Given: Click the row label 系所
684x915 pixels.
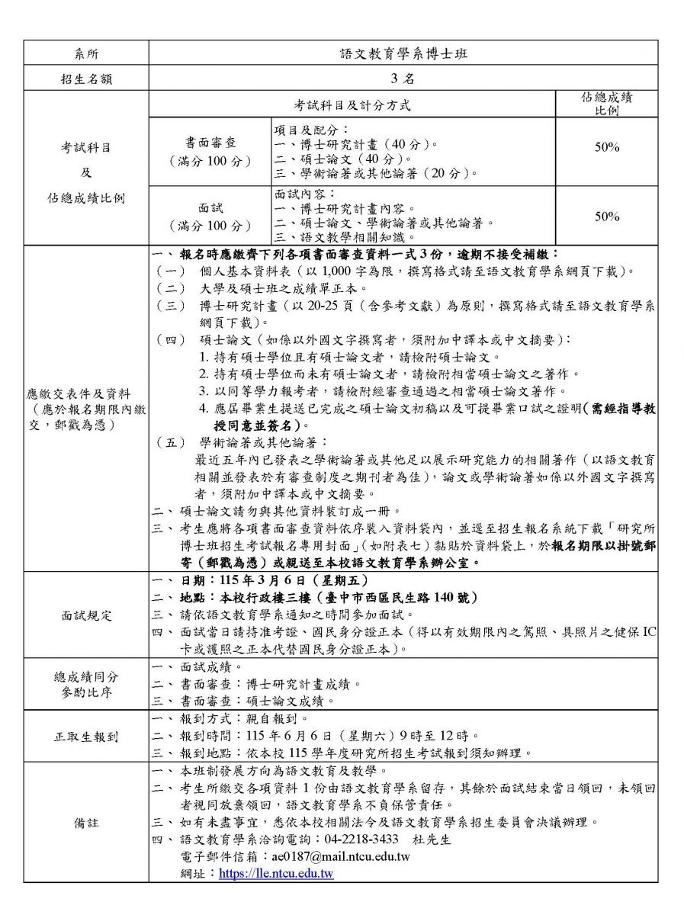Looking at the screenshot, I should tap(86, 53).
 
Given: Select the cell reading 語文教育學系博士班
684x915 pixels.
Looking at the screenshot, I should tap(403, 53).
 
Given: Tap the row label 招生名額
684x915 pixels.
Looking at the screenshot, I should tap(86, 79).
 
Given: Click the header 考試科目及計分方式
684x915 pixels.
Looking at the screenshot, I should tap(352, 104).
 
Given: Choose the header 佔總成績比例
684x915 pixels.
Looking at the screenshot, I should tap(607, 104).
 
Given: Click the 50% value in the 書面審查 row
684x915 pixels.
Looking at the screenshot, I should tap(607, 148).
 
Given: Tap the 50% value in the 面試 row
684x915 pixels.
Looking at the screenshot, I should tap(607, 217).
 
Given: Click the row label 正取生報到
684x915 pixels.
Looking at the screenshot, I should tap(86, 737).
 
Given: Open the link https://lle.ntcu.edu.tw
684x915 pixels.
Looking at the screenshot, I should tap(276, 874).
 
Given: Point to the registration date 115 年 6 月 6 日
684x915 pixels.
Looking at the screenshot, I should tap(302, 736).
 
